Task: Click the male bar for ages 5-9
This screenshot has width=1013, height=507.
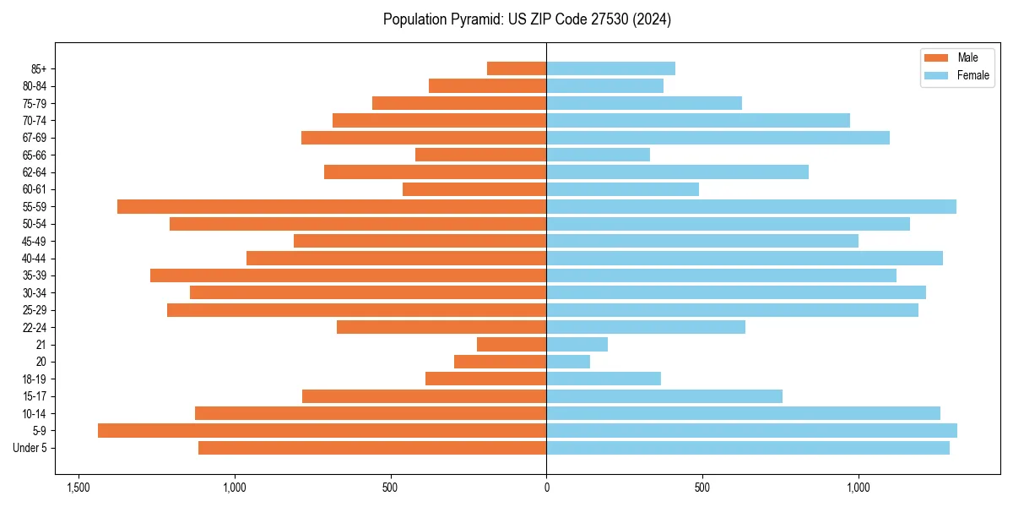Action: [322, 430]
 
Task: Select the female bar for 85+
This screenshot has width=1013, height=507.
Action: [610, 68]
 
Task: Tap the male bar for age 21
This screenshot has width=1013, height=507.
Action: [512, 344]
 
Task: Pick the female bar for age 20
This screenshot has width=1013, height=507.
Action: [568, 362]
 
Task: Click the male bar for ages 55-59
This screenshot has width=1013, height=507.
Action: [332, 206]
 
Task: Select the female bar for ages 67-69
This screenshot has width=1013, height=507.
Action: [718, 138]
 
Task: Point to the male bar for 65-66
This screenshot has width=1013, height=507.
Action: [480, 155]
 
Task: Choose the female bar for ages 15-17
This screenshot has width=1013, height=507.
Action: [664, 396]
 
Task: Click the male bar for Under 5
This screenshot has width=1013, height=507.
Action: [372, 448]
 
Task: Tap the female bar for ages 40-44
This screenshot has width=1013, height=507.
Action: [745, 258]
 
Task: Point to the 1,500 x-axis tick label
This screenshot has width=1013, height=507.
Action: [79, 488]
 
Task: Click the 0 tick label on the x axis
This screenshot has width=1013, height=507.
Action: [546, 488]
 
